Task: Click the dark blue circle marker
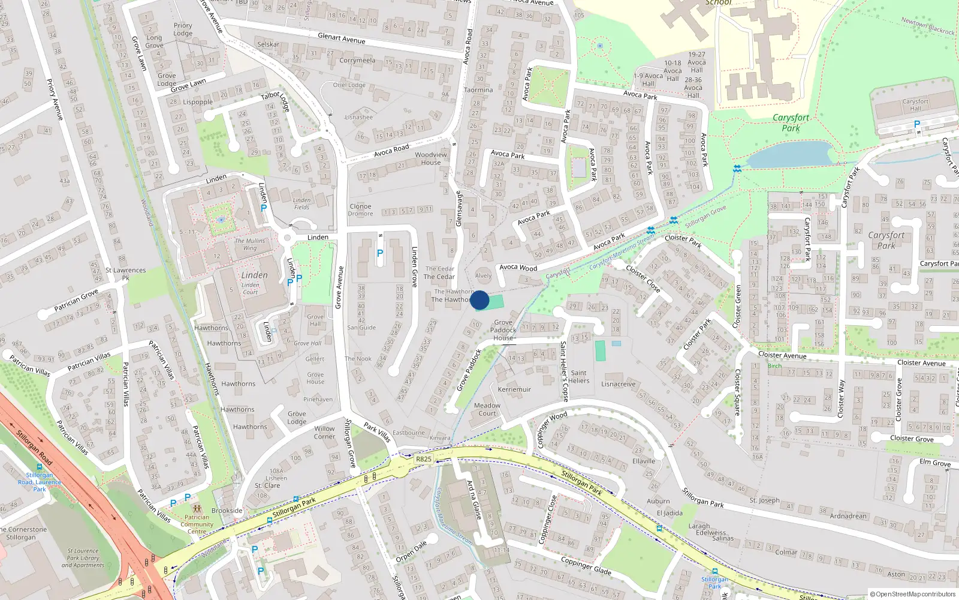coord(479,300)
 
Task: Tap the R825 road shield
coord(423,459)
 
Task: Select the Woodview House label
coord(430,158)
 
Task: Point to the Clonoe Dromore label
coord(360,210)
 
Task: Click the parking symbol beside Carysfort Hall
coord(916,124)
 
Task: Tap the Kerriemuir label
coord(514,389)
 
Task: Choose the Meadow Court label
coord(487,409)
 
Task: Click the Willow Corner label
coord(324,433)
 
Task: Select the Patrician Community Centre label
coord(197,524)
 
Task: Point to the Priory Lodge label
coord(183,29)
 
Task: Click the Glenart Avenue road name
coord(341,38)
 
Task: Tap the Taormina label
coord(478,90)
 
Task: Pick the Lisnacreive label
coord(618,384)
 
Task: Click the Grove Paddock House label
coord(503,330)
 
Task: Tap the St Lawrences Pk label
coord(125,274)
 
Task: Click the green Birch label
coord(774,366)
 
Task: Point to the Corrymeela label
coord(357,61)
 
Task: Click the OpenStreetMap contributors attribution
coord(912,594)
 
